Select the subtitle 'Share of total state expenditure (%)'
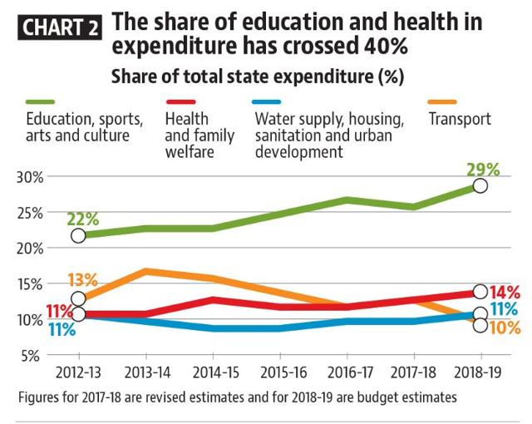tap(257, 77)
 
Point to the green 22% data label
tap(82, 219)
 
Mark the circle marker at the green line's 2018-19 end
tap(480, 185)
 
